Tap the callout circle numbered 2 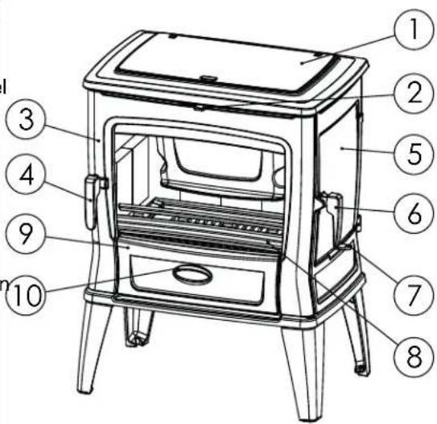click(x=413, y=94)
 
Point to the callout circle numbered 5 click(x=413, y=152)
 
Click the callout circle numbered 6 click(x=413, y=213)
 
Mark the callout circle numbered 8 click(x=411, y=355)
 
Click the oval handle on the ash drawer click(x=193, y=276)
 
